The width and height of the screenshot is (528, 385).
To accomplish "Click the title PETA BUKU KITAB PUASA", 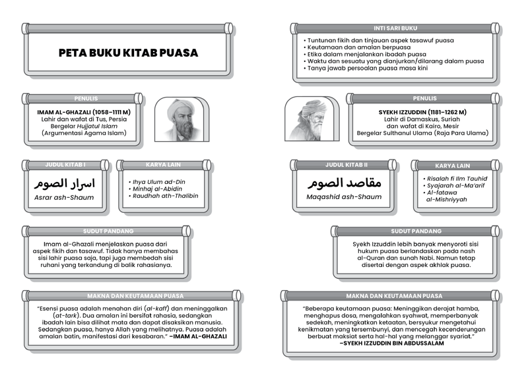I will point(128,53).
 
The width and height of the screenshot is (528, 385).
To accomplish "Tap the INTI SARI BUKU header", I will point(395,28).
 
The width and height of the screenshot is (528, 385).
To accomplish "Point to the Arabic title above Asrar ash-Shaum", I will point(64,182).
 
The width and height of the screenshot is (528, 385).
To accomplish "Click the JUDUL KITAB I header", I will point(65,164).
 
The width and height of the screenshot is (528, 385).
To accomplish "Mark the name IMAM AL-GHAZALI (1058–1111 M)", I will point(84,113).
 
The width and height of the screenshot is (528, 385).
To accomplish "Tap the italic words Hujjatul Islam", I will point(100,126).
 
